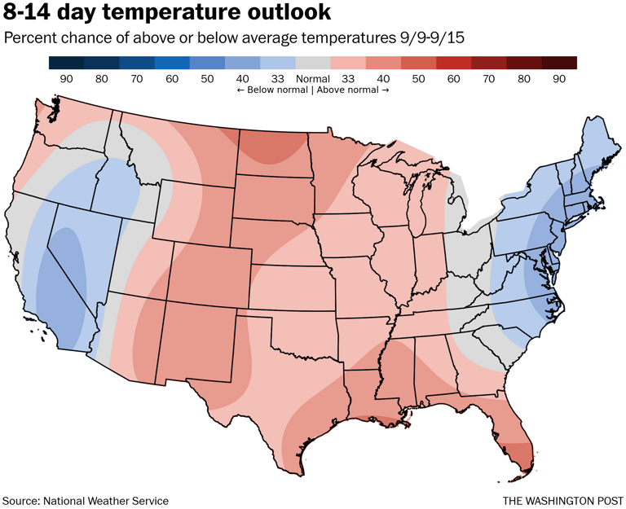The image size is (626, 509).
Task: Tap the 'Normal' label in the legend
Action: tap(313, 79)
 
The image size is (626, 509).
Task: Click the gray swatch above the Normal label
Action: tap(313, 63)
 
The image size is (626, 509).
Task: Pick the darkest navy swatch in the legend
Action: tap(66, 63)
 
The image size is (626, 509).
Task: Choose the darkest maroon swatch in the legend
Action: tap(559, 63)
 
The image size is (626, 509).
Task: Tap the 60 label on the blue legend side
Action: tap(172, 79)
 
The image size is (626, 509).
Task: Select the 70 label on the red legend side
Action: tap(488, 79)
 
